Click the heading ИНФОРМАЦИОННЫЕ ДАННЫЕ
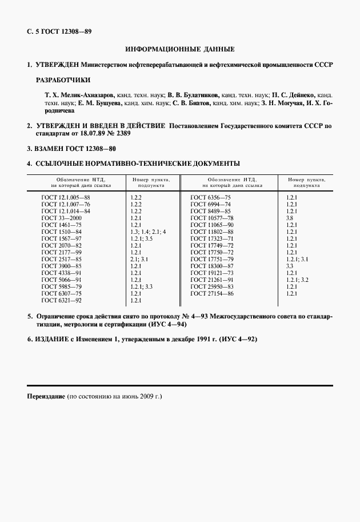(x=180, y=50)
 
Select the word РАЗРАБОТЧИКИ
(x=63, y=80)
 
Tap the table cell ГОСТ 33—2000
(x=62, y=218)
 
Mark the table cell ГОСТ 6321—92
(x=62, y=300)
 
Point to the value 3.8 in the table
(x=290, y=218)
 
